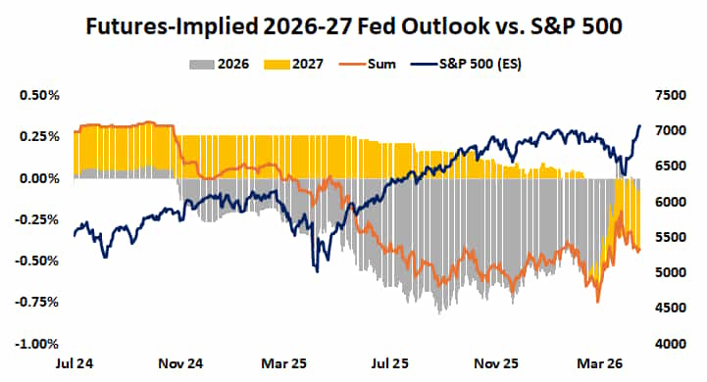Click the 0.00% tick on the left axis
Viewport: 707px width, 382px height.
pos(37,178)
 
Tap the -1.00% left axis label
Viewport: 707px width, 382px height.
pos(35,344)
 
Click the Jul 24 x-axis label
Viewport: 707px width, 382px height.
pos(75,362)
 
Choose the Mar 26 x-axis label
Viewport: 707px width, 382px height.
pos(593,362)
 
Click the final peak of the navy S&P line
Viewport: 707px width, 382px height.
pos(639,125)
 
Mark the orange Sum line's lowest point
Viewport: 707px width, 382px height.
pos(597,302)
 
